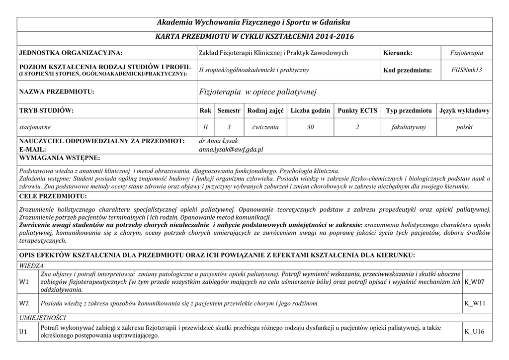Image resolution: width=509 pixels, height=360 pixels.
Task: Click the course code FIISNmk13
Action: (x=467, y=70)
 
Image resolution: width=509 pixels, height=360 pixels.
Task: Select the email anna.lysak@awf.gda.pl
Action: (x=231, y=149)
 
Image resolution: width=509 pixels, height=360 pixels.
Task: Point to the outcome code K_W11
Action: (x=474, y=303)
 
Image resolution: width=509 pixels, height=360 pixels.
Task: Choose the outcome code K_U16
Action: (x=474, y=331)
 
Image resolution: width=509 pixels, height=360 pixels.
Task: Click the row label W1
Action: (x=24, y=282)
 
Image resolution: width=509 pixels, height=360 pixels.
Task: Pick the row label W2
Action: (x=24, y=303)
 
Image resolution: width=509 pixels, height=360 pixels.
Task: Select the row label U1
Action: (x=23, y=331)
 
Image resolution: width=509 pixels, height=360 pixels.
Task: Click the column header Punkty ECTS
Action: (x=357, y=110)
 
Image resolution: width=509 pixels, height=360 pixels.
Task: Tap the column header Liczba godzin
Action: (x=310, y=110)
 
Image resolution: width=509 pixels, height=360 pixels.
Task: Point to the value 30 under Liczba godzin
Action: (x=310, y=127)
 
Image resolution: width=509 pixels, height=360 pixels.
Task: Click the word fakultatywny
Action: (x=409, y=127)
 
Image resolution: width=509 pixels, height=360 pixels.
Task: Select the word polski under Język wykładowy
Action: (x=465, y=127)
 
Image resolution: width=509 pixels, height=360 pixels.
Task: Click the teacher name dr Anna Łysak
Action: (x=219, y=141)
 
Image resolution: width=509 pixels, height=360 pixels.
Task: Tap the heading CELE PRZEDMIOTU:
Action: (x=53, y=196)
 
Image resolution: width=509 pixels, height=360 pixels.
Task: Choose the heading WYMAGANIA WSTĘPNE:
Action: (x=59, y=158)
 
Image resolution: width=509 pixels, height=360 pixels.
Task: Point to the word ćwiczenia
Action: (x=265, y=127)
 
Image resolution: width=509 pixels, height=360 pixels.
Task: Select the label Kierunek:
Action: (x=398, y=53)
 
